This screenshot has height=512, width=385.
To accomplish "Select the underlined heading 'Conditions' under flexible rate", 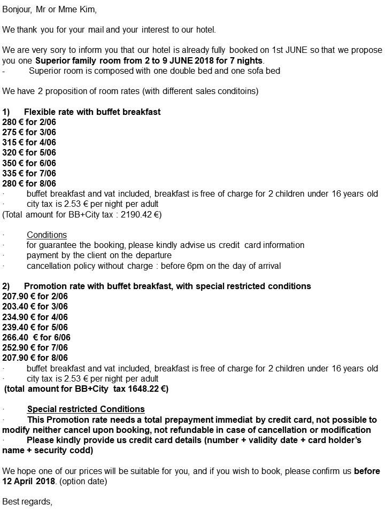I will click(47, 235).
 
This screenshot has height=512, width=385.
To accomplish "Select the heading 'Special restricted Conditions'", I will click(86, 409).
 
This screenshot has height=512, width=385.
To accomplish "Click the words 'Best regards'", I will click(27, 501).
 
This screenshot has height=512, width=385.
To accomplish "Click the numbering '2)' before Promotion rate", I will click(6, 286).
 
